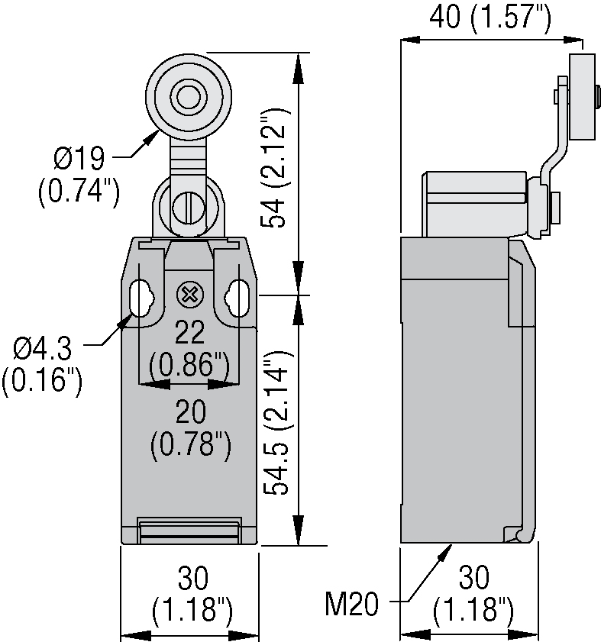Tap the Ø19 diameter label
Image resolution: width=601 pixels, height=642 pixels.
79,160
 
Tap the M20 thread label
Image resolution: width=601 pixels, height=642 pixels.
352,605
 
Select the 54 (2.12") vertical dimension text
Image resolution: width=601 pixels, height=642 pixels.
277,169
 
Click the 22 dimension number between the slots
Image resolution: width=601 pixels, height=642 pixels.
190,333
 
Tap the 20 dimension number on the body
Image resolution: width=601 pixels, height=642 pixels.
190,413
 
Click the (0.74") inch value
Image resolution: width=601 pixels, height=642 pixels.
79,190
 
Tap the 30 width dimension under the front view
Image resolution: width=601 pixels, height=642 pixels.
191,579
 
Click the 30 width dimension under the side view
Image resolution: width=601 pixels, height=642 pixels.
471,579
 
